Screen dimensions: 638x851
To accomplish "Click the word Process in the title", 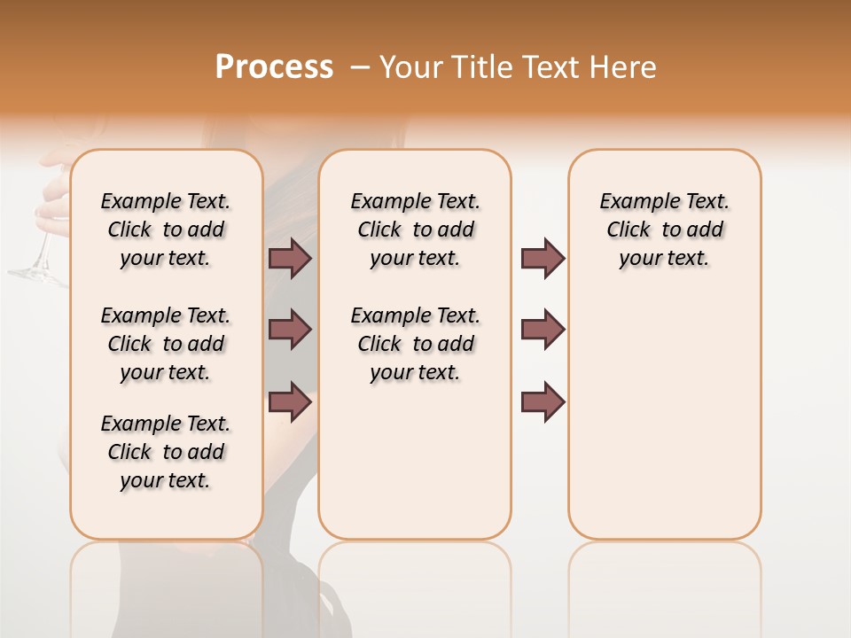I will pos(274,66).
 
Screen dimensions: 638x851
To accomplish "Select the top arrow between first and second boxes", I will pos(290,258).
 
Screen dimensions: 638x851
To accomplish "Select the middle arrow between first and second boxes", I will pos(290,330).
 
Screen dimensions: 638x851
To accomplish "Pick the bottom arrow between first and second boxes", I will pos(290,402).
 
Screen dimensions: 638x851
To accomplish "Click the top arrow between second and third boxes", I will pos(543,258).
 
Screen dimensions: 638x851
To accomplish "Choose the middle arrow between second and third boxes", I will pos(543,330).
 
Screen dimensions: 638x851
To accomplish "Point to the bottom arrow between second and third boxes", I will pos(543,402).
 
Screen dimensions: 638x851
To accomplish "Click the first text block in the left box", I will pos(166,230).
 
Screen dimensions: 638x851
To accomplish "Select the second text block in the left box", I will pos(166,344).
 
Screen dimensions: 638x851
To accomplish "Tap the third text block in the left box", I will pos(166,452).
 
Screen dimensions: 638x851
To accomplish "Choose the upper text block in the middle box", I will pos(415,230).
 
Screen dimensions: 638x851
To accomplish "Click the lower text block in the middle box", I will pos(415,344).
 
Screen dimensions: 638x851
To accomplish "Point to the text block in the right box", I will pos(665,230).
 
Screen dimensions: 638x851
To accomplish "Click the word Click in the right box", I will pos(628,230).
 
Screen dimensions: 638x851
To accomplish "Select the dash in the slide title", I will pos(360,67).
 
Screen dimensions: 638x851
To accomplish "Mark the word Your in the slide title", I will pos(412,67).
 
